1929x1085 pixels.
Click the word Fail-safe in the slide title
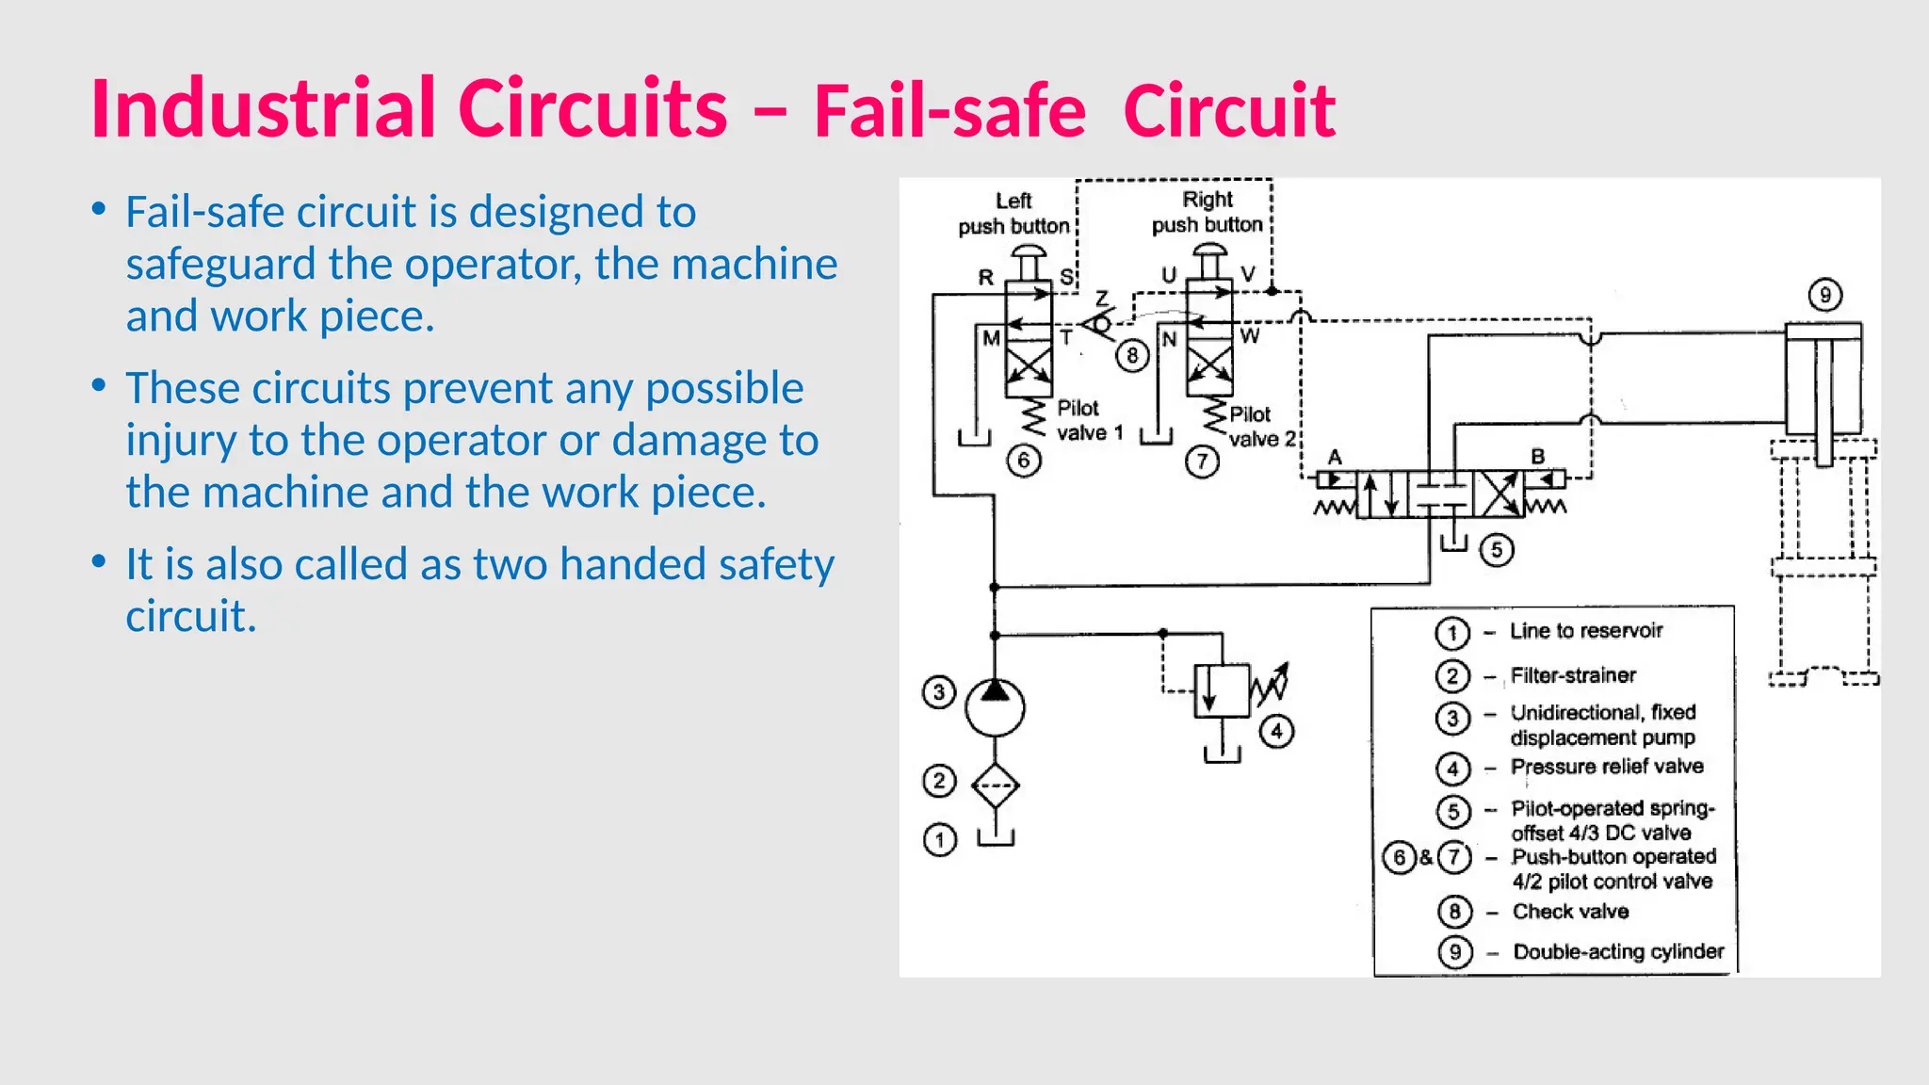[x=949, y=111]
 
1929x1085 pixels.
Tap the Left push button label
[x=1013, y=214]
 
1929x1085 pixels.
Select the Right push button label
[x=1208, y=212]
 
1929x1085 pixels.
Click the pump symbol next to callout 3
[x=995, y=706]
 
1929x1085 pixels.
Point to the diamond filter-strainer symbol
[x=995, y=785]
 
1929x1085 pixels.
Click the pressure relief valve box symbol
[x=1222, y=690]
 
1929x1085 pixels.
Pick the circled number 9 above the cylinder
[x=1824, y=295]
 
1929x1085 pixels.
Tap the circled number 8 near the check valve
[x=1132, y=355]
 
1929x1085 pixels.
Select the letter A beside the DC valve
[x=1335, y=457]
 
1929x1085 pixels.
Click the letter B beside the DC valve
[x=1537, y=456]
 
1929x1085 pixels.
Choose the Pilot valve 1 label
[x=1090, y=420]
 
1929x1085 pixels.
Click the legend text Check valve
[x=1570, y=912]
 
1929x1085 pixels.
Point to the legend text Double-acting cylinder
[x=1618, y=951]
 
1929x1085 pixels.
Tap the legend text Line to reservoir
[x=1586, y=631]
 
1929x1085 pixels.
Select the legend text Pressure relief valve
[x=1607, y=767]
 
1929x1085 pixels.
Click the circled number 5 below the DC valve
[x=1496, y=550]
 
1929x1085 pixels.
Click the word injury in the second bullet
[x=179, y=440]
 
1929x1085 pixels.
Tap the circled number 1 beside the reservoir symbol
[x=939, y=839]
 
